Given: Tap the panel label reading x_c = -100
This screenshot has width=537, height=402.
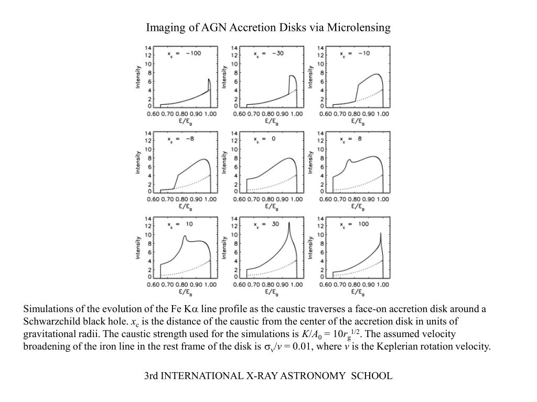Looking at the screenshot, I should click(184, 53).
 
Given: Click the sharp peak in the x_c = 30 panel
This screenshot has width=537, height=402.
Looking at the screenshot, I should click(289, 223).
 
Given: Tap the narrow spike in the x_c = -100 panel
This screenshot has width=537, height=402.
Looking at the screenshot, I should click(209, 80).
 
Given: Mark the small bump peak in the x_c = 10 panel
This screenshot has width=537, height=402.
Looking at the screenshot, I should click(185, 237).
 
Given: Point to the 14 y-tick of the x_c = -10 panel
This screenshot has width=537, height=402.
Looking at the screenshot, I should click(321, 48).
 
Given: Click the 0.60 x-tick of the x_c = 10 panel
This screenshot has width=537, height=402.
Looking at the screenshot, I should click(154, 285).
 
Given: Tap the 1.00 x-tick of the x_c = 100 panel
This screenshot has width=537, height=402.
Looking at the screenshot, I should click(383, 285).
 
